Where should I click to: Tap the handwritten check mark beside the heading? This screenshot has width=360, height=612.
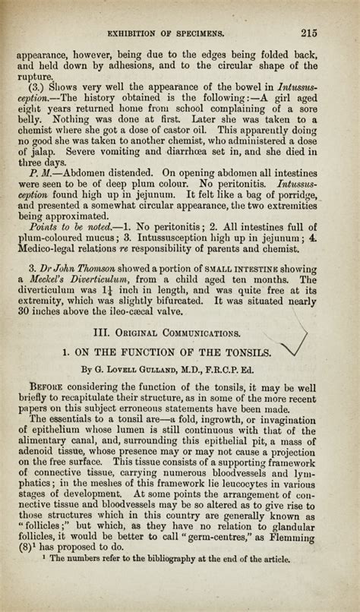tap(294, 340)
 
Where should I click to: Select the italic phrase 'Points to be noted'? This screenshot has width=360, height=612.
tap(69, 227)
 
